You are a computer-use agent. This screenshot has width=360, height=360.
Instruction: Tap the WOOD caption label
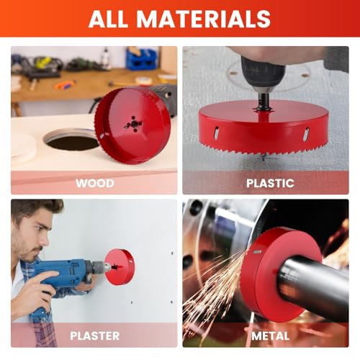94,183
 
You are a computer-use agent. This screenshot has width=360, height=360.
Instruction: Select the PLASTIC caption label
270,183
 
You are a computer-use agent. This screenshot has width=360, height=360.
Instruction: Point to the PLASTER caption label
94,335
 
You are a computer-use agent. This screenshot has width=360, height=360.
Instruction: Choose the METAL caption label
270,335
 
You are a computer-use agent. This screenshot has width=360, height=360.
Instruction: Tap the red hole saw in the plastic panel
264,130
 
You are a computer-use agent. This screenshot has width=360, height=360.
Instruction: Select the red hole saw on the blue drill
120,267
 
